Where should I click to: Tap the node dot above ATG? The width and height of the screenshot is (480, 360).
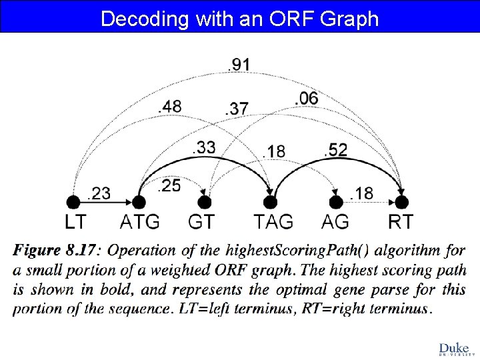click(139, 201)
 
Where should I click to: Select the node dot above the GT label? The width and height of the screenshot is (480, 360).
click(205, 201)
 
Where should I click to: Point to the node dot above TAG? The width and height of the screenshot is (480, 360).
click(270, 201)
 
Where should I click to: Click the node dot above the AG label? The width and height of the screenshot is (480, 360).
click(335, 201)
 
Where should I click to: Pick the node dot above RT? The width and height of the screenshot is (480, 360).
click(401, 201)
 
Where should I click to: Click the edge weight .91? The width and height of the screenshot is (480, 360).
click(239, 65)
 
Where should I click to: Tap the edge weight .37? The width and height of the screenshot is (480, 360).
click(236, 109)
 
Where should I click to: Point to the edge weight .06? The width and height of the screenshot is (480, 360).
click(306, 98)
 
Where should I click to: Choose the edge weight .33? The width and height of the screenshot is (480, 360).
click(203, 148)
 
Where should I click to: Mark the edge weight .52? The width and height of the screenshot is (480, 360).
click(335, 151)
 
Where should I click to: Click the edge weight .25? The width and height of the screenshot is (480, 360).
click(169, 186)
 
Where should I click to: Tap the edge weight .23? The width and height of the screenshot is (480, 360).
click(99, 193)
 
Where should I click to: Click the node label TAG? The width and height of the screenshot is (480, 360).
click(273, 221)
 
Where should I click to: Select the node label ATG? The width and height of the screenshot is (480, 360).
click(141, 221)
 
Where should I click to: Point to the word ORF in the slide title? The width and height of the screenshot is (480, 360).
click(288, 18)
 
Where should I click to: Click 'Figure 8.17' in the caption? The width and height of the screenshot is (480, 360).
click(54, 251)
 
